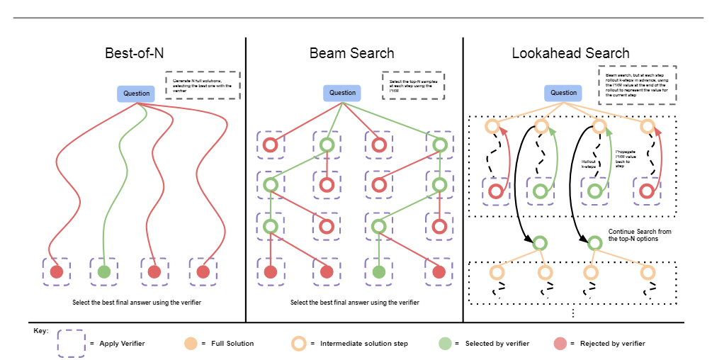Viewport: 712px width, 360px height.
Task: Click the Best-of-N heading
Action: [x=134, y=53]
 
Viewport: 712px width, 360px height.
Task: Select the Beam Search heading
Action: [x=351, y=53]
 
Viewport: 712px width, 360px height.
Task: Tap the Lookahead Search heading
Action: [x=570, y=53]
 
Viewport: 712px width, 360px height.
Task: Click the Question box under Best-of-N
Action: [x=137, y=94]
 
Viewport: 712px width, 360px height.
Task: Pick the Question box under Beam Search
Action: [x=343, y=93]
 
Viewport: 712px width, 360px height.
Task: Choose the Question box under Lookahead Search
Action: [x=564, y=93]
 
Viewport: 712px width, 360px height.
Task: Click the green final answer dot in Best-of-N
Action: [x=104, y=271]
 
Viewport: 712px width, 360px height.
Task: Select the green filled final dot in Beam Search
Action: [x=379, y=271]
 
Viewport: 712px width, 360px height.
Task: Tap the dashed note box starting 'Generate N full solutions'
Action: [x=203, y=84]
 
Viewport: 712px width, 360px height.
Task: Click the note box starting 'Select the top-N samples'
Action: [x=413, y=86]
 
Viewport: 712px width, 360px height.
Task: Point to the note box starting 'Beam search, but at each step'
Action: [x=637, y=85]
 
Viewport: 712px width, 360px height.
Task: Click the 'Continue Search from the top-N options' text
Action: [x=640, y=235]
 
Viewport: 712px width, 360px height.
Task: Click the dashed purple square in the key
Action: [x=71, y=343]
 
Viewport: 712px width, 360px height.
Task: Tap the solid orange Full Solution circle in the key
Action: [x=190, y=344]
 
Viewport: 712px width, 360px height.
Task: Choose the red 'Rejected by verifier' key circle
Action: [x=559, y=344]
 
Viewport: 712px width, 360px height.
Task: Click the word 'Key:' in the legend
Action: [x=40, y=330]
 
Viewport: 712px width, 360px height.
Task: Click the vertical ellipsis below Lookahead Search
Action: [x=572, y=313]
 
